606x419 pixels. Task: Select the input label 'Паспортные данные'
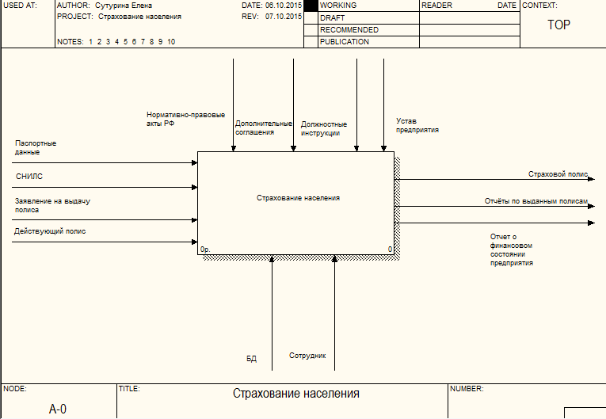tap(36, 147)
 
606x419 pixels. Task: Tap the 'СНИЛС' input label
tap(29, 176)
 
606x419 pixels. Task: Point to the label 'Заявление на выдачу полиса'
tap(52, 206)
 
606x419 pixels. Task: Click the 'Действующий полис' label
tap(50, 231)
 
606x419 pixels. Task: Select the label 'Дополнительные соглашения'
tap(263, 128)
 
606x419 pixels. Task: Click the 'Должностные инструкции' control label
tap(324, 128)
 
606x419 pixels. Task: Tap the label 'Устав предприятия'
tap(417, 125)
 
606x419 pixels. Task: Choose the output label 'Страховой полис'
tap(558, 173)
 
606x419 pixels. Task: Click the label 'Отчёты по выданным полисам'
tap(536, 201)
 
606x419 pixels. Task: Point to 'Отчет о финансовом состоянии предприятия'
tap(511, 249)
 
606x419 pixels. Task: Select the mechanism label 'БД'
tap(251, 359)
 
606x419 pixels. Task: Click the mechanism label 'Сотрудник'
tap(307, 356)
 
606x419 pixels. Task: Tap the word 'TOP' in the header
tap(559, 25)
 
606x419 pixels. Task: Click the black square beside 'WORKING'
tap(311, 6)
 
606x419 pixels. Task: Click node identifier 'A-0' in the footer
tap(58, 409)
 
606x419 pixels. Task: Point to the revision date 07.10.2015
tap(283, 16)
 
